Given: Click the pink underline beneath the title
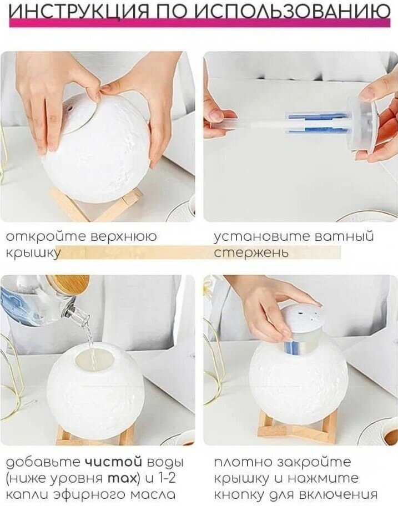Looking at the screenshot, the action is click(199, 23).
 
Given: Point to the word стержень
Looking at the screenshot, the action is click(251, 253).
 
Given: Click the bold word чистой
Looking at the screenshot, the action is click(113, 462).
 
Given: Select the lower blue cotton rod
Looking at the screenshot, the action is click(318, 131).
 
